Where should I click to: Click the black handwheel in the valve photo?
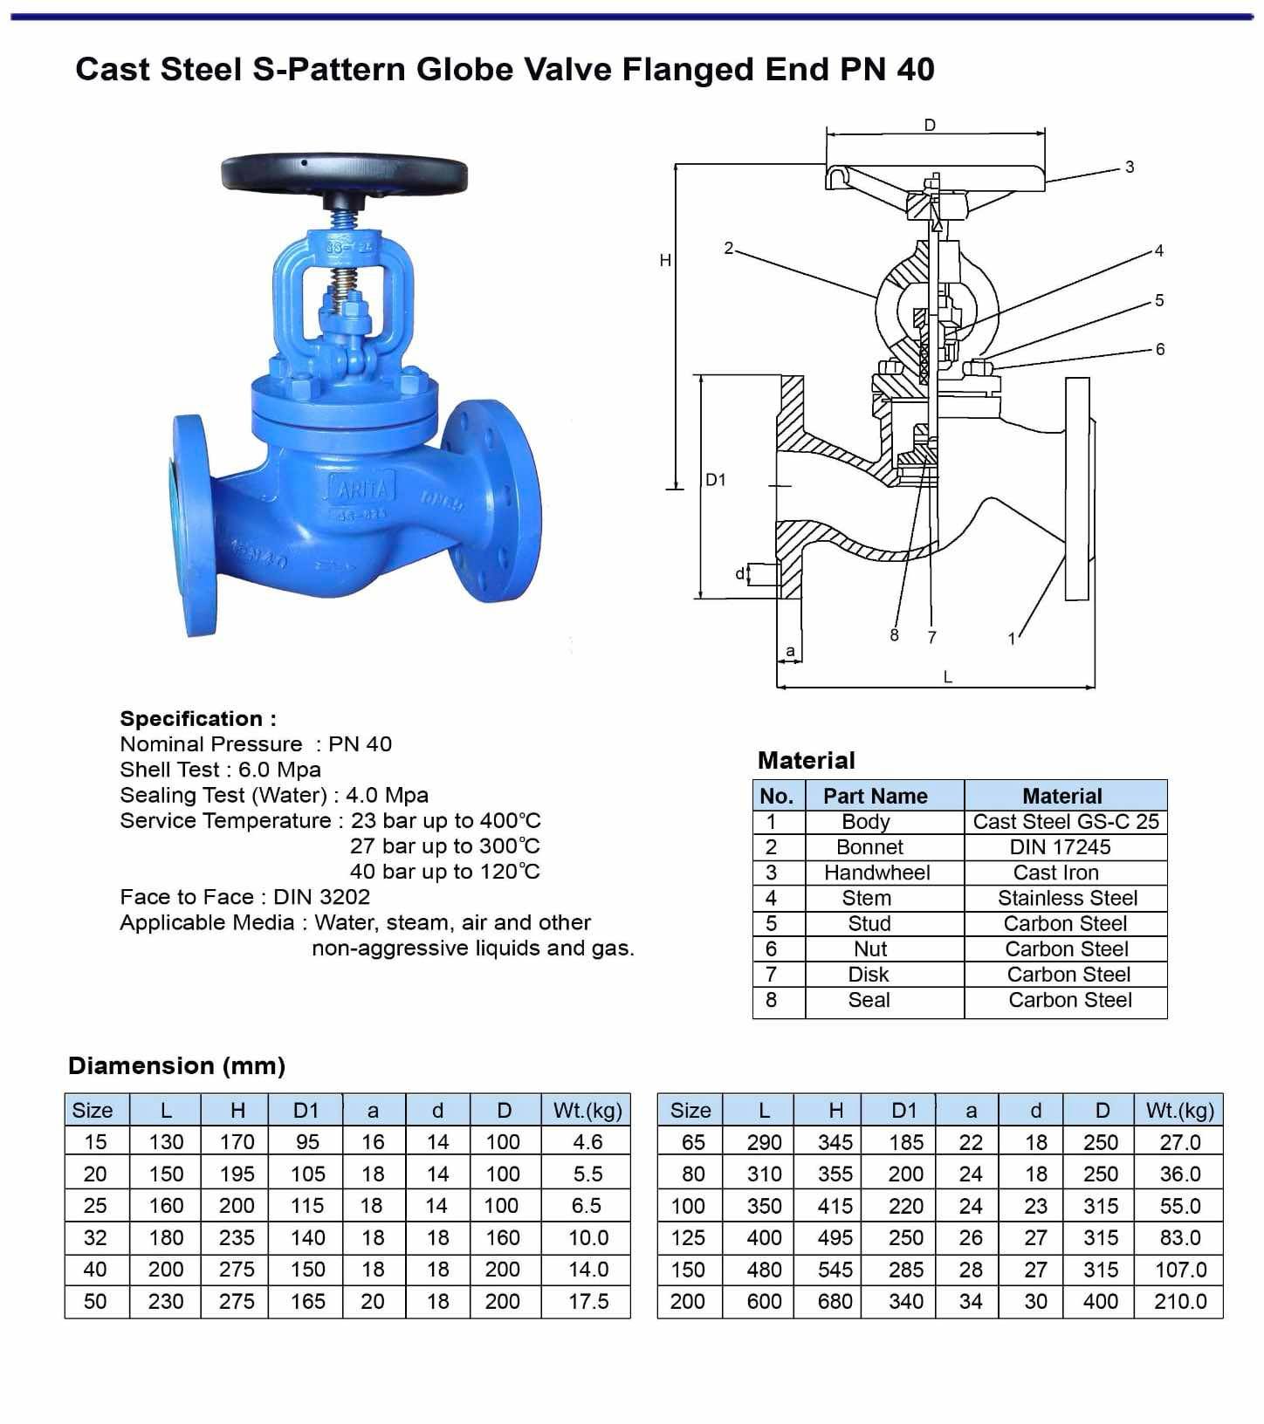point(344,172)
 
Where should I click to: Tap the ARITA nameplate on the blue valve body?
point(361,488)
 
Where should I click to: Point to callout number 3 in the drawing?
point(1130,167)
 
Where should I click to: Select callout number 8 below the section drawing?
point(894,635)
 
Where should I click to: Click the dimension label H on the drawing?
point(665,260)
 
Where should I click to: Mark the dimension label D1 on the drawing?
point(716,480)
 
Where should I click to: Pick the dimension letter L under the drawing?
point(947,676)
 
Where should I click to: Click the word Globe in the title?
point(464,69)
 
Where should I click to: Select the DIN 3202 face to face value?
point(321,897)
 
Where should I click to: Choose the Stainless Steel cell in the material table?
point(1067,898)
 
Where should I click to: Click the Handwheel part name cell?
point(876,873)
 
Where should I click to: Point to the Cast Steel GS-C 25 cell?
point(1065,821)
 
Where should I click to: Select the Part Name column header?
point(875,796)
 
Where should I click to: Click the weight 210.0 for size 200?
point(1179,1301)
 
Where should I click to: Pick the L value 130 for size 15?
point(166,1141)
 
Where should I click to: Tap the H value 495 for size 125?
point(835,1237)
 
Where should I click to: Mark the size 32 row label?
point(95,1237)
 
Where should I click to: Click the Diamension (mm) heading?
point(176,1065)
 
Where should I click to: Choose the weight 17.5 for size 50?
point(587,1301)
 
